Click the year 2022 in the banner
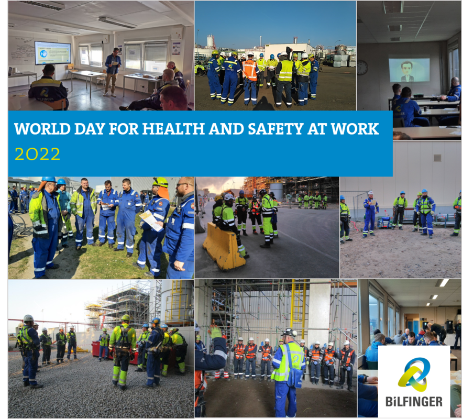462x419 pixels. click(x=37, y=154)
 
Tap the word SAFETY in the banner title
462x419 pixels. click(x=276, y=129)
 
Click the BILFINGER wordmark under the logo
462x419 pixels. click(x=414, y=401)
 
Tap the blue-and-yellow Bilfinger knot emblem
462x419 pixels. click(x=413, y=374)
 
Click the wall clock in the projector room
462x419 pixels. click(x=362, y=68)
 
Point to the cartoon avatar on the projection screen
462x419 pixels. click(x=408, y=72)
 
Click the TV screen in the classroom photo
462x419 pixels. click(x=53, y=53)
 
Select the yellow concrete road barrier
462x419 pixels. click(x=221, y=246)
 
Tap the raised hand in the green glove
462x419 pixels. click(x=215, y=332)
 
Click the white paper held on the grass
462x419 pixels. click(x=151, y=220)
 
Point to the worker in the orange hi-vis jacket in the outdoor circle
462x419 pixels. click(x=250, y=78)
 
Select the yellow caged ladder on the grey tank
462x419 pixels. click(x=176, y=302)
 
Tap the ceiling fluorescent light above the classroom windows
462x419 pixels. click(x=117, y=23)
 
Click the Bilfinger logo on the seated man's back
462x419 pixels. click(x=44, y=93)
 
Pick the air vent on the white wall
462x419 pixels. click(x=437, y=158)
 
